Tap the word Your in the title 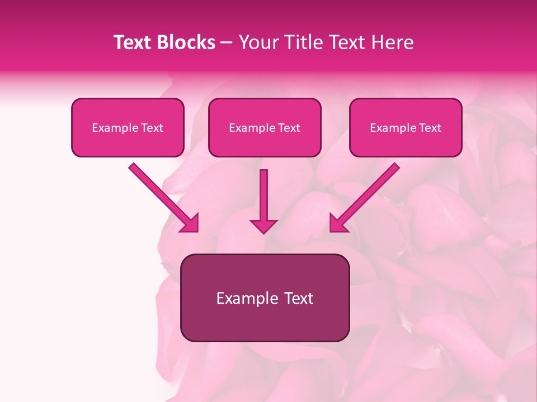(260, 42)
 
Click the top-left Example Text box (128, 127)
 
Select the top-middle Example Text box (265, 127)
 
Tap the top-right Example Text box (406, 127)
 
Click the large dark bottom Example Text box (265, 298)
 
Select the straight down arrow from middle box (263, 195)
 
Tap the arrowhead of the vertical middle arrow (263, 226)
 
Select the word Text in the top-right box (430, 127)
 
